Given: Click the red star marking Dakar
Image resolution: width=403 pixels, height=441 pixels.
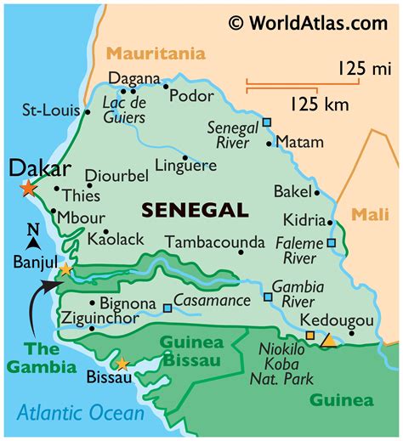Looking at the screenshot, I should (x=29, y=189).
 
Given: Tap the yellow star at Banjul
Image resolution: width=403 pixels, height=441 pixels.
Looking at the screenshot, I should (x=65, y=269).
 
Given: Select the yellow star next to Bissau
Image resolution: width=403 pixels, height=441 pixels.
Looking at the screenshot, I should (x=122, y=365).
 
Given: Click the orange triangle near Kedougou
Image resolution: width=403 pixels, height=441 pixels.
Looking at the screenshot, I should (x=327, y=339).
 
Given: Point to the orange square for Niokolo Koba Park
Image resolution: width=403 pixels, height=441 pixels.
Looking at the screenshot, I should (x=310, y=336).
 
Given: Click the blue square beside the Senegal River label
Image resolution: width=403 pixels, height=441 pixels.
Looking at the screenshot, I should (x=267, y=122).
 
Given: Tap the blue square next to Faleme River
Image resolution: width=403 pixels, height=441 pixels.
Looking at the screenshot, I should (x=331, y=243).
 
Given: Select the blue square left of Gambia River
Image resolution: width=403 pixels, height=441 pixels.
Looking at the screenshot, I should (x=268, y=297).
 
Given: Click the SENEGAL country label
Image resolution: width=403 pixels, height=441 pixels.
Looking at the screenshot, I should (x=195, y=209).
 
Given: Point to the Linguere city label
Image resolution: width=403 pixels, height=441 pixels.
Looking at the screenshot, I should (x=186, y=166).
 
